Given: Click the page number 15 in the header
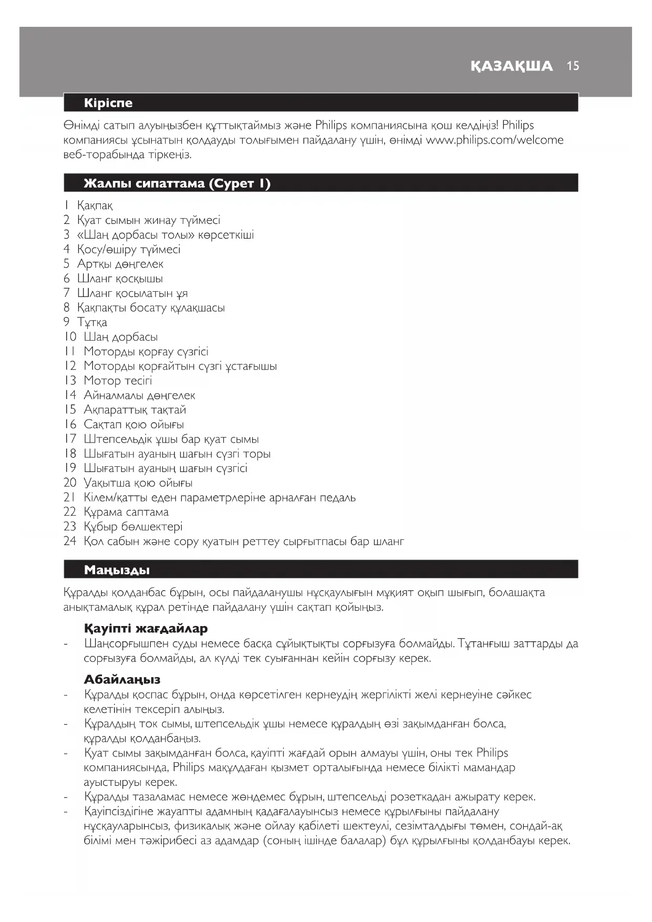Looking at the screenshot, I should pyautogui.click(x=573, y=66).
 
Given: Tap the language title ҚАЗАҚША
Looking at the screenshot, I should pyautogui.click(x=512, y=66).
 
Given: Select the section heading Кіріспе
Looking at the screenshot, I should pyautogui.click(x=108, y=103).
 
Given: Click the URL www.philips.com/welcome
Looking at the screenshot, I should pyautogui.click(x=494, y=140).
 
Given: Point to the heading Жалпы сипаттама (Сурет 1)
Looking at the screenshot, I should pyautogui.click(x=177, y=183).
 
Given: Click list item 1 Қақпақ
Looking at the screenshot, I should pyautogui.click(x=95, y=206).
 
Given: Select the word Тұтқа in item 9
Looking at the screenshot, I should pyautogui.click(x=92, y=322).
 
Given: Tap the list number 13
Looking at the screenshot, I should pyautogui.click(x=70, y=381).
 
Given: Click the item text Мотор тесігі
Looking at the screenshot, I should pyautogui.click(x=118, y=381).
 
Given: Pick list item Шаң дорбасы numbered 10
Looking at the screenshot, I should pyautogui.click(x=120, y=337).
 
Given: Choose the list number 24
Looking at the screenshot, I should pyautogui.click(x=70, y=541).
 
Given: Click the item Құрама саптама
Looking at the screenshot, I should pyautogui.click(x=126, y=512).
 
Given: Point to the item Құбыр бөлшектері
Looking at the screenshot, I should pyautogui.click(x=133, y=527).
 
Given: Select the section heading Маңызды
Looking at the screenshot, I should pyautogui.click(x=117, y=570).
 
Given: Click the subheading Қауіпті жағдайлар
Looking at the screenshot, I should pyautogui.click(x=146, y=629).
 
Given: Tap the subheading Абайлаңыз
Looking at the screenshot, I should pyautogui.click(x=122, y=680).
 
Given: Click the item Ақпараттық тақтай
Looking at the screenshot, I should pyautogui.click(x=134, y=410).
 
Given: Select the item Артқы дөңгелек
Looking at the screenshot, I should pyautogui.click(x=120, y=264).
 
